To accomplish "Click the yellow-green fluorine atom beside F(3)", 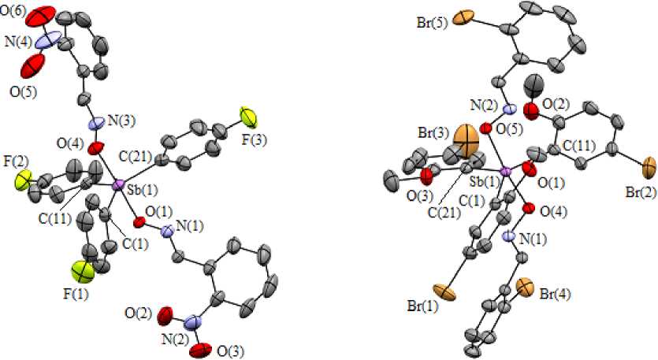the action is tap(250, 117).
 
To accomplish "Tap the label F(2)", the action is tap(14, 162).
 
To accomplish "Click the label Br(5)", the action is tap(433, 20).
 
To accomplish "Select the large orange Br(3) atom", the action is tap(467, 143).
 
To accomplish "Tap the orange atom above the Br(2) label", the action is tap(649, 167).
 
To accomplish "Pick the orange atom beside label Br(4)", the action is tap(526, 285).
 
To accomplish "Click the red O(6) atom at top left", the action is tap(46, 15).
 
